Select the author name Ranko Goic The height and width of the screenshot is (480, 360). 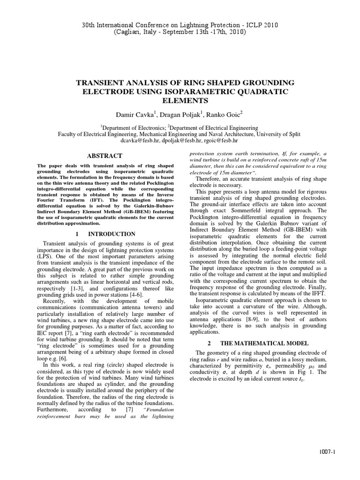pos(214,115)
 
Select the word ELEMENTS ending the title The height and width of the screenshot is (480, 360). pos(180,100)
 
